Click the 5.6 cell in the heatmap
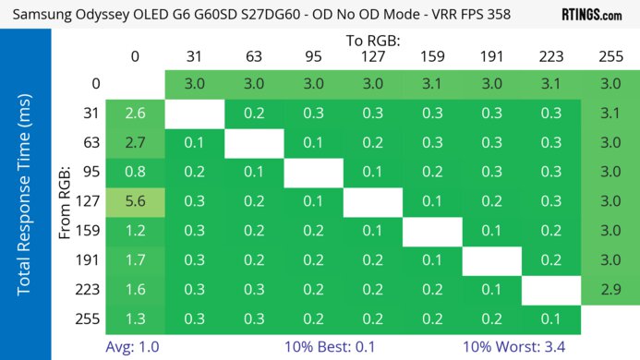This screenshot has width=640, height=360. (x=135, y=199)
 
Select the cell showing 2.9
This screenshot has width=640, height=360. (x=610, y=290)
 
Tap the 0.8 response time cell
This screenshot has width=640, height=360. (x=135, y=173)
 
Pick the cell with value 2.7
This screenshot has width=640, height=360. (x=135, y=145)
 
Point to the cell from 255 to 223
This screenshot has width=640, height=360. (x=551, y=319)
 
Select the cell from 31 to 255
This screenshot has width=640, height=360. (x=610, y=114)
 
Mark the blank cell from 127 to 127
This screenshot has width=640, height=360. (x=372, y=199)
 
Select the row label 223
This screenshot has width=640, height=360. (x=89, y=290)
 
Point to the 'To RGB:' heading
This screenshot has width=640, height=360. (x=372, y=41)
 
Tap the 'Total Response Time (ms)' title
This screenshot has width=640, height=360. (x=25, y=201)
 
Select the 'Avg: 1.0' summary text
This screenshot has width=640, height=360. (x=135, y=347)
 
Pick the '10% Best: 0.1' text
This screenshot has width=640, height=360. (x=332, y=347)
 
